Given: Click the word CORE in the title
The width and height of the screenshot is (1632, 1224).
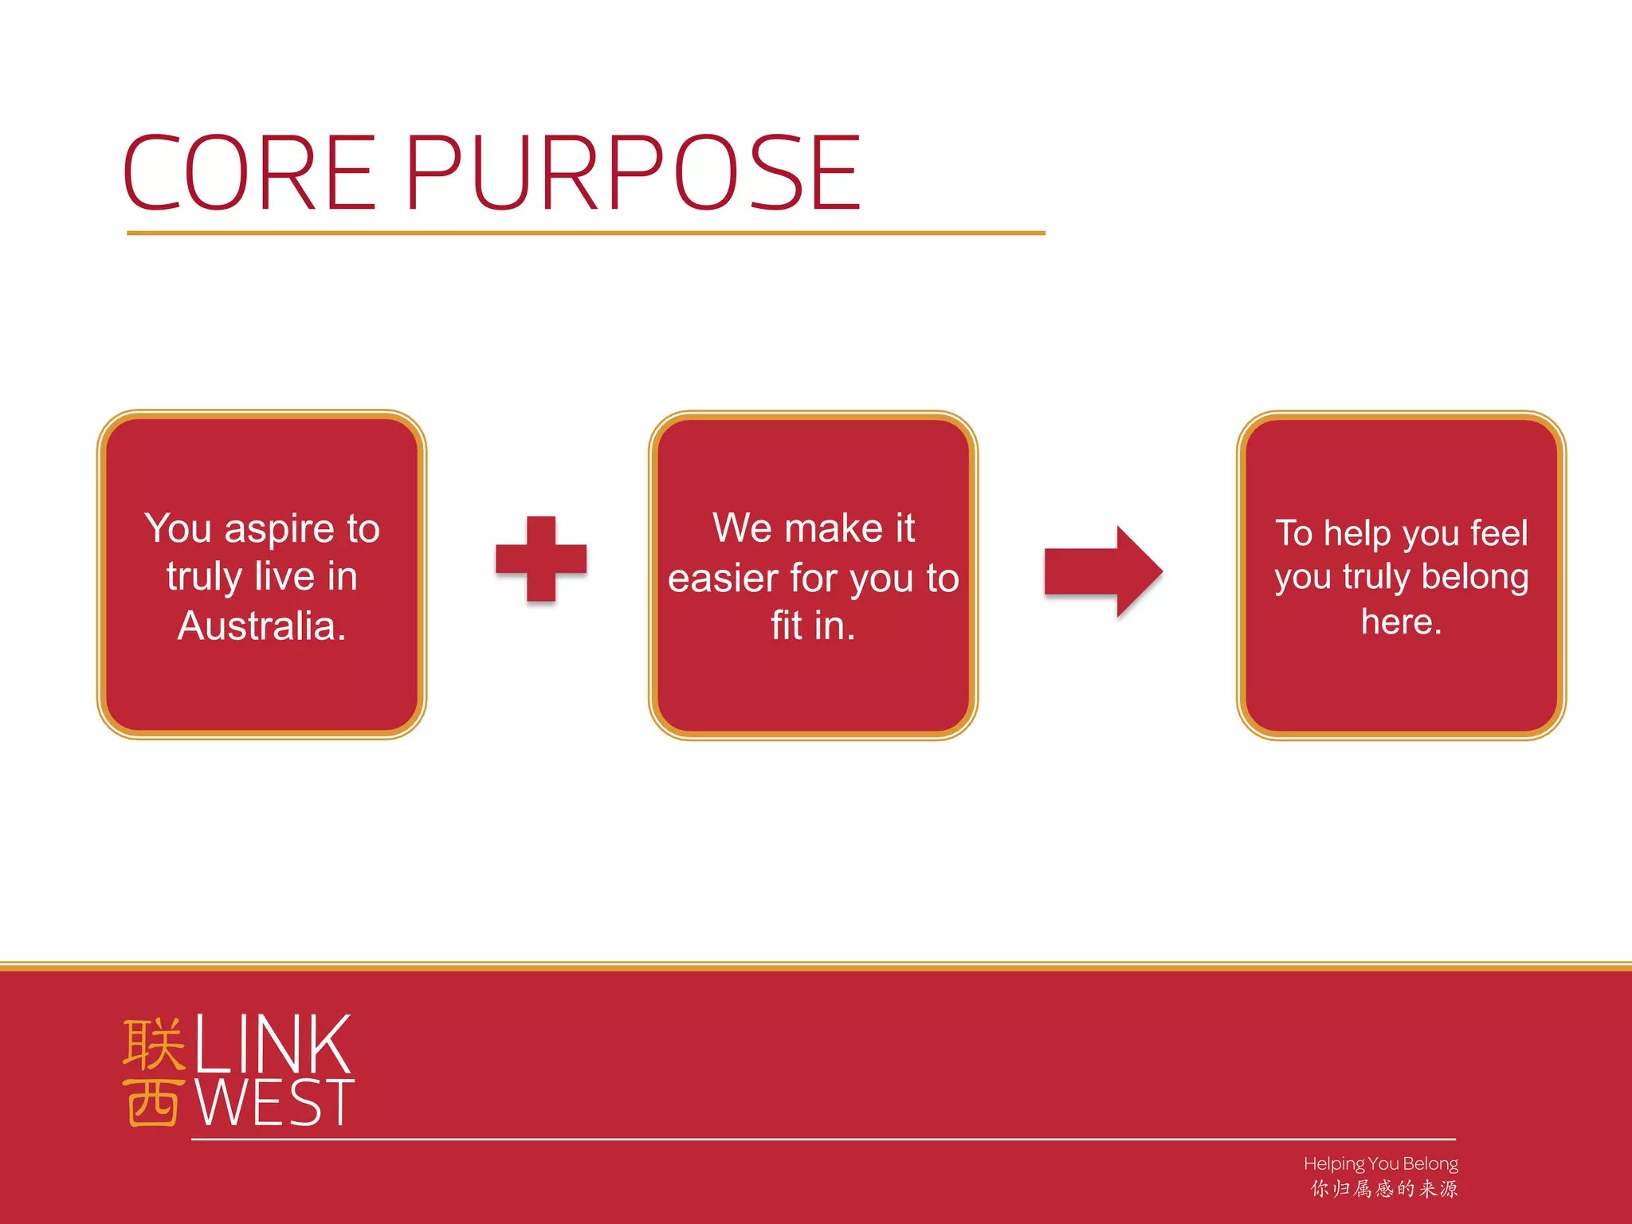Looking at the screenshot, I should (x=249, y=173).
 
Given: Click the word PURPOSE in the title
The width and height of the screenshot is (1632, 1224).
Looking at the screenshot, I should (x=634, y=173).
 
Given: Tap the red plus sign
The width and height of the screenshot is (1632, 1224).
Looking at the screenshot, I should (x=541, y=559).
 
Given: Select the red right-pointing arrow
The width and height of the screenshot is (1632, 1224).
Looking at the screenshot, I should (x=1103, y=571).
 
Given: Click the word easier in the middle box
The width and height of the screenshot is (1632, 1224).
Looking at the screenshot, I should (x=723, y=579).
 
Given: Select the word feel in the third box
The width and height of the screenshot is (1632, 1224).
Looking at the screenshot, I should (x=1499, y=533).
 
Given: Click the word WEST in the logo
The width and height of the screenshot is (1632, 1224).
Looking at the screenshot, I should (x=274, y=1103).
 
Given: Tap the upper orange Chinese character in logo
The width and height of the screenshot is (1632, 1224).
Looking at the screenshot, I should (x=154, y=1044).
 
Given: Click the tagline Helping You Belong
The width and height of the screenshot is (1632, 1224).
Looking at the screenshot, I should (x=1380, y=1163).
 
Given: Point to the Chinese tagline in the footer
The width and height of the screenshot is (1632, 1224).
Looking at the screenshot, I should (x=1384, y=1189).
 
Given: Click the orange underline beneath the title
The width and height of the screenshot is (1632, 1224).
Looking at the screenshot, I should (x=586, y=233).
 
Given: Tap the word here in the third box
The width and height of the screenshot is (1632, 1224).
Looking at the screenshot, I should (x=1400, y=622).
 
